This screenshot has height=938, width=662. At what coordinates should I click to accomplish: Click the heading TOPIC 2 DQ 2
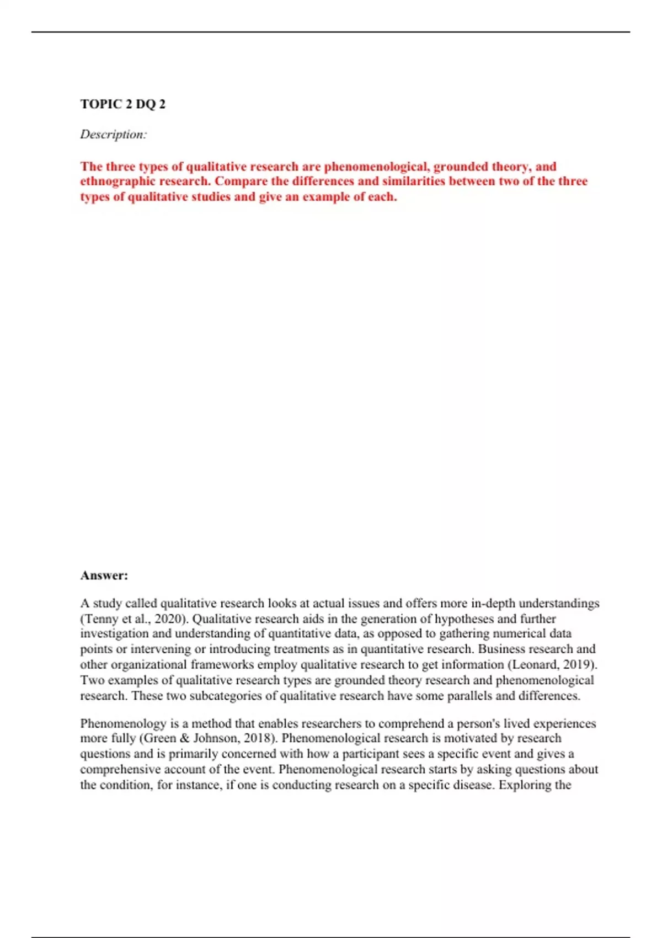(122, 104)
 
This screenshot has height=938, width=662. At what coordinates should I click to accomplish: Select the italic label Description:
(113, 134)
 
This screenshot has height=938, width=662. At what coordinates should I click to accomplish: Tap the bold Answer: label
(104, 575)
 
